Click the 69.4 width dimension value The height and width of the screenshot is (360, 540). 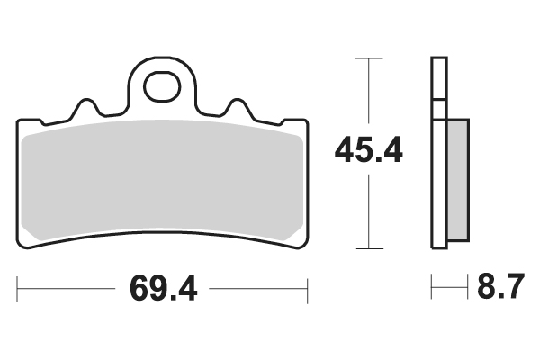(163, 288)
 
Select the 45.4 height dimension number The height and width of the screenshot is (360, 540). (368, 150)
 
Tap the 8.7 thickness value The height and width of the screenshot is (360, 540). (501, 286)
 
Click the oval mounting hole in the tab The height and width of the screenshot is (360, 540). (162, 86)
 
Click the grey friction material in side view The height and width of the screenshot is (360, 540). (458, 180)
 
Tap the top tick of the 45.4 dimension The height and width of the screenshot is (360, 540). (369, 58)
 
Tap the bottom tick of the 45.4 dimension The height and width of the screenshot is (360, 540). (370, 248)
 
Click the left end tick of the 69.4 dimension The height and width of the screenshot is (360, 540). (17, 289)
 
